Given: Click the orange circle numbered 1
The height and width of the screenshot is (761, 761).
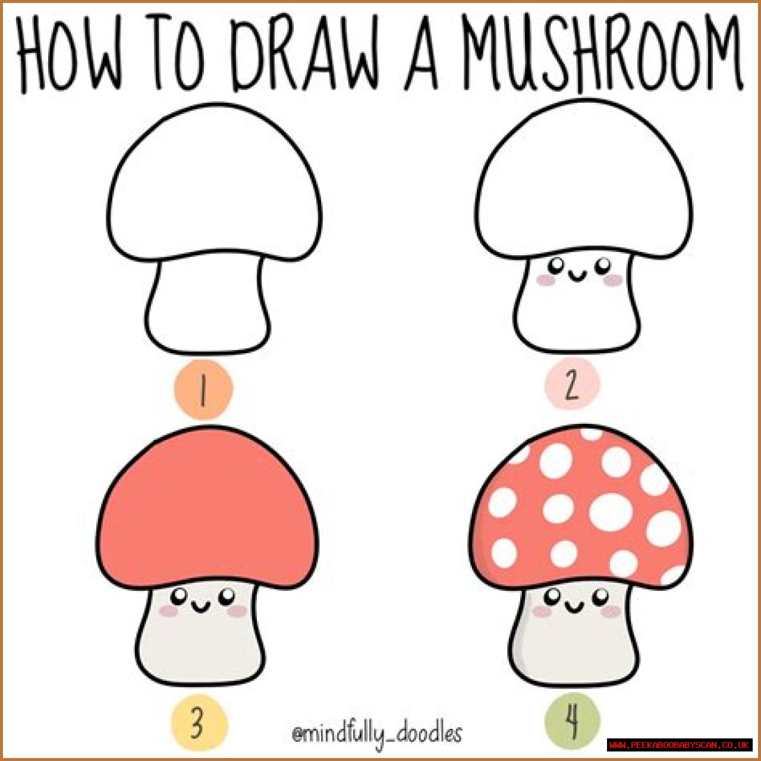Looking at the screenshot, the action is point(203,389).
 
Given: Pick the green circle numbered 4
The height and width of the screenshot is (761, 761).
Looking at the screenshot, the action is point(573,721).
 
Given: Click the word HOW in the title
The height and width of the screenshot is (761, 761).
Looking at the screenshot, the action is point(69,54).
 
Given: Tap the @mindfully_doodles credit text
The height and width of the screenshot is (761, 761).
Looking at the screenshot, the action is point(376,734).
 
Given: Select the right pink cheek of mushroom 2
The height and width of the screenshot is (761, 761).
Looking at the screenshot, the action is point(613,281).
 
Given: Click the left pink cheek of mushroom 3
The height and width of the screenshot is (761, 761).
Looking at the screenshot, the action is point(169,611).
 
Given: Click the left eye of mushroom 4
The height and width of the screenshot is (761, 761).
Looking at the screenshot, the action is point(554,595).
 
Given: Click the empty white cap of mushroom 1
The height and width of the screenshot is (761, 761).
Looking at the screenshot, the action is point(215,182).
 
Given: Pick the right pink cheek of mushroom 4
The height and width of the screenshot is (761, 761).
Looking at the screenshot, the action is point(611,612).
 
